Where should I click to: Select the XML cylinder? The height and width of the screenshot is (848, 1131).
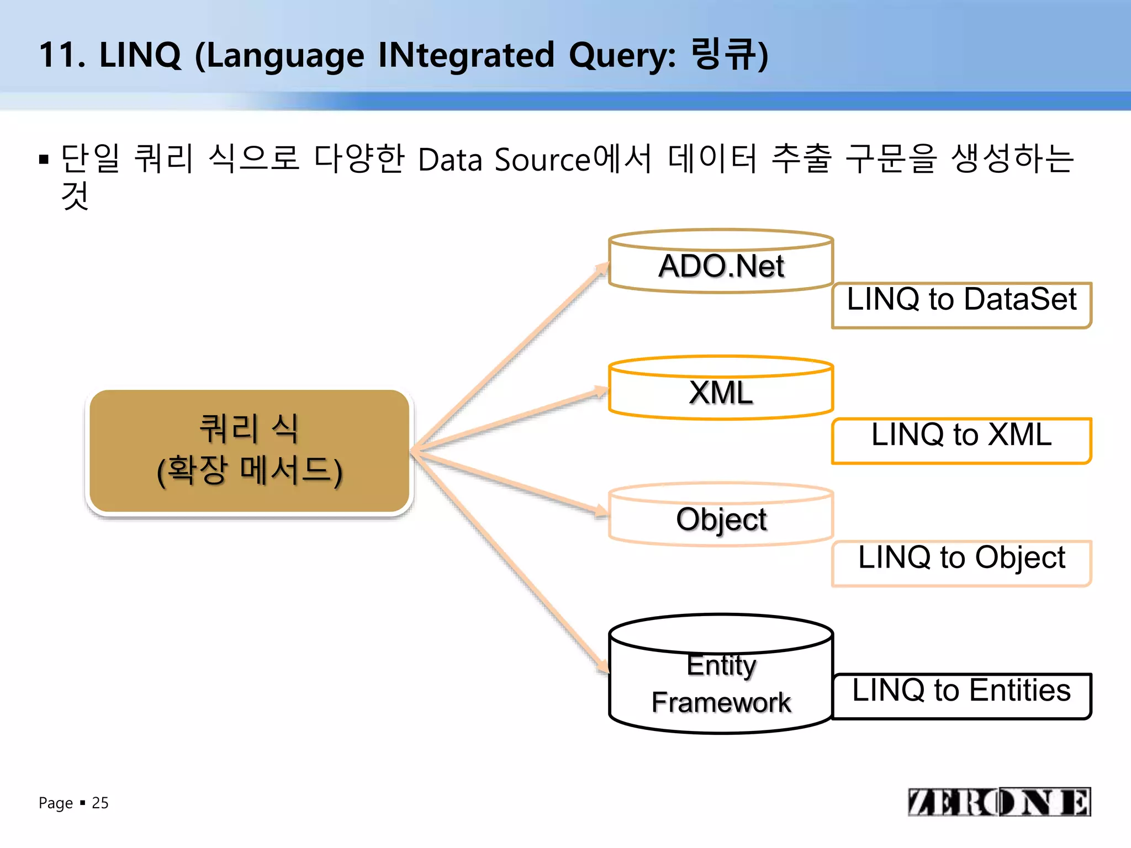721,393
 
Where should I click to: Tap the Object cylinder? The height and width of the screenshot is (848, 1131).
721,519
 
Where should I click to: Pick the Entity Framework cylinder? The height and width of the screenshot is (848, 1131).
721,685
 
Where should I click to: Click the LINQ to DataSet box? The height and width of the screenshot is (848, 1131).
961,305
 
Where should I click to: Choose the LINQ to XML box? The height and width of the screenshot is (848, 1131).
961,440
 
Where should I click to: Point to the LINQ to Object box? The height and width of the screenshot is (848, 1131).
961,563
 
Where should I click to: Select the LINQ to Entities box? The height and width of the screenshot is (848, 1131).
961,695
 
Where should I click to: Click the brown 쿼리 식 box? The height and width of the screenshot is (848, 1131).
250,451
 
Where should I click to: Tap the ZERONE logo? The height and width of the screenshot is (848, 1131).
999,802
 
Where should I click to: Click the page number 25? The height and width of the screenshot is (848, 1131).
100,803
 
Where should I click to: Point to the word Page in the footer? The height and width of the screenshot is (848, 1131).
56,803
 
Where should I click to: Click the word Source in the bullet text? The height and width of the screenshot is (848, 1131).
542,160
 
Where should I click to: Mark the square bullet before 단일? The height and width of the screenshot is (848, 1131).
44,160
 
